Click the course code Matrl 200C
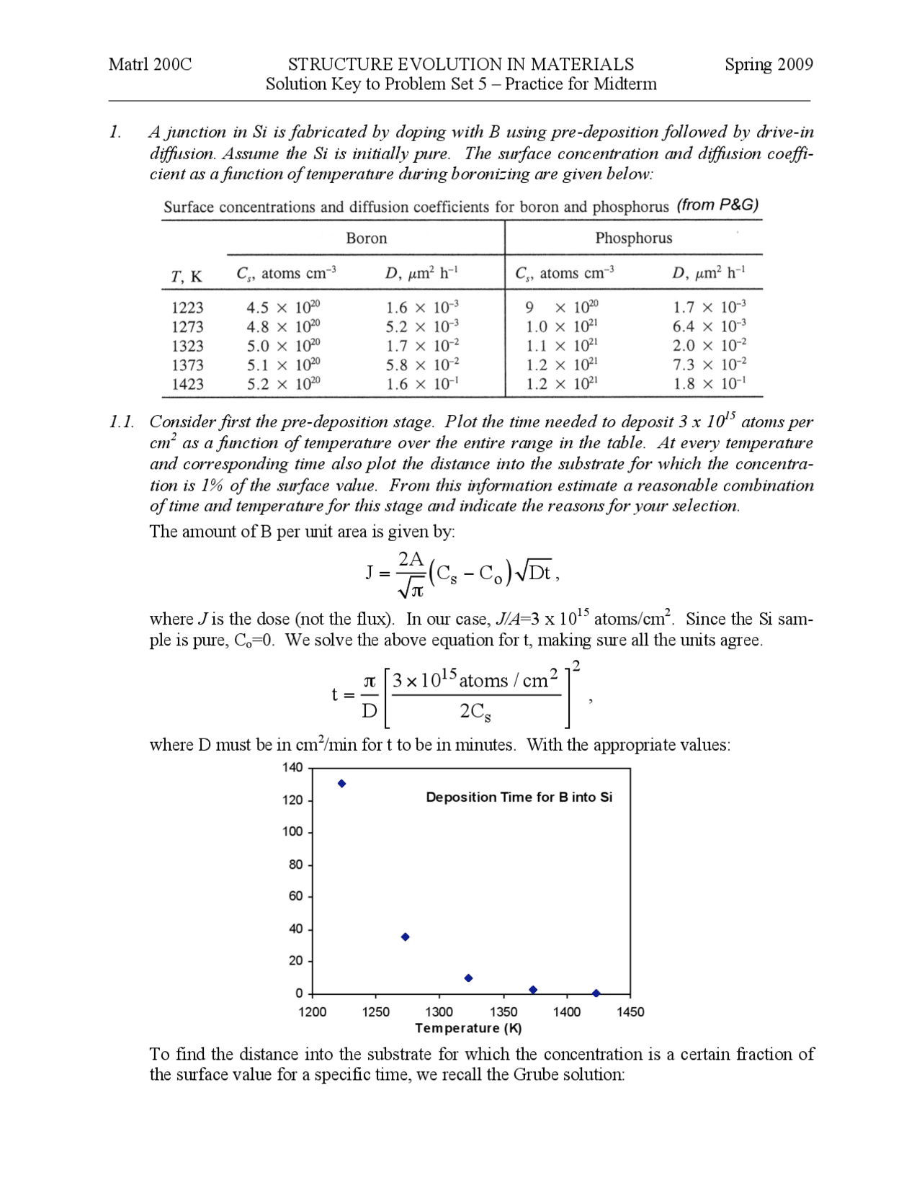pyautogui.click(x=150, y=64)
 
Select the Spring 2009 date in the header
pyautogui.click(x=768, y=64)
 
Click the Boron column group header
pyautogui.click(x=366, y=238)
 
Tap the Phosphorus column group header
pyautogui.click(x=633, y=238)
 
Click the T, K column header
pyautogui.click(x=187, y=276)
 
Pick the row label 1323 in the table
pyautogui.click(x=187, y=346)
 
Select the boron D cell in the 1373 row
pyautogui.click(x=422, y=365)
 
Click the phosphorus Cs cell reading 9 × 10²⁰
pyautogui.click(x=561, y=308)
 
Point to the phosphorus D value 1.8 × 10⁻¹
pyautogui.click(x=709, y=384)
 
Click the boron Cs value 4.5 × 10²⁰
pyautogui.click(x=283, y=308)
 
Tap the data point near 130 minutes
pyautogui.click(x=341, y=784)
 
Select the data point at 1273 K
pyautogui.click(x=405, y=937)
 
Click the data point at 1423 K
pyautogui.click(x=596, y=993)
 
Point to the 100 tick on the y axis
pyautogui.click(x=292, y=831)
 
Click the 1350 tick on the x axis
pyautogui.click(x=503, y=1012)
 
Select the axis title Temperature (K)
pyautogui.click(x=468, y=1028)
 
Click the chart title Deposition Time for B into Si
pyautogui.click(x=519, y=797)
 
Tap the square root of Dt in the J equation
pyautogui.click(x=534, y=572)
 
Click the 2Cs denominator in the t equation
pyautogui.click(x=475, y=712)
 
